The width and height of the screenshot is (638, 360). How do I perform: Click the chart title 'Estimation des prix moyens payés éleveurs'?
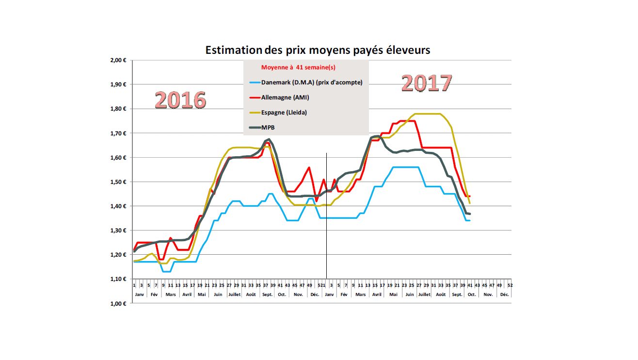coord(318,50)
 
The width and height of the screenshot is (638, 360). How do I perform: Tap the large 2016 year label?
coord(180,100)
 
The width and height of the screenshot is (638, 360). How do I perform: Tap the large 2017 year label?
coord(427,83)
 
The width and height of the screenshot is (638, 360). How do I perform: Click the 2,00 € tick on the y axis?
coord(118,60)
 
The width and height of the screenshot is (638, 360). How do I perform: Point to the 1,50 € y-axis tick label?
coord(118,182)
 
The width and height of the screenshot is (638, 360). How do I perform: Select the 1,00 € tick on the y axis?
coord(118,304)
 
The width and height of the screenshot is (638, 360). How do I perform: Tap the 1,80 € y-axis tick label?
coord(118,109)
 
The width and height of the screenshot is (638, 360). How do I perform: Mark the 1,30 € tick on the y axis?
coord(118,230)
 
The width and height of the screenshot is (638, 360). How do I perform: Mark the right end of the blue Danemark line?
coord(470,221)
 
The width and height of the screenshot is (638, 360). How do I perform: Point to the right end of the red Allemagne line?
coord(470,196)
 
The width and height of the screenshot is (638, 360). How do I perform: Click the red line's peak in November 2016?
coord(309,167)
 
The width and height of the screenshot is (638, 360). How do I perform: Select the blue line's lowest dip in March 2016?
coord(166,271)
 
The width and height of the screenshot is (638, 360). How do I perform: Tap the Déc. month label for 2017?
coord(505,295)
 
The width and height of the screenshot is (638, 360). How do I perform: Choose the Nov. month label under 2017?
coord(488,295)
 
